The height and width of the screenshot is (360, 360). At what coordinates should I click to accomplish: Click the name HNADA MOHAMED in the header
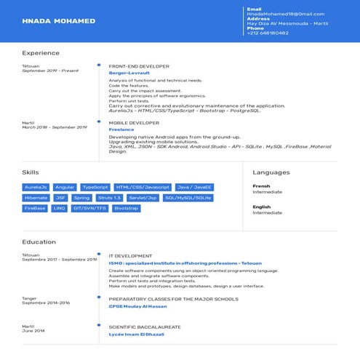pos(59,21)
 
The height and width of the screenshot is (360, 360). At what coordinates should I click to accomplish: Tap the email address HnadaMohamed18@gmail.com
pos(285,14)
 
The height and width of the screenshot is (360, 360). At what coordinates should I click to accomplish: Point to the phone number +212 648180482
pos(268,33)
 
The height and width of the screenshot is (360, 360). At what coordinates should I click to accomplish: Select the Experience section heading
pos(41,53)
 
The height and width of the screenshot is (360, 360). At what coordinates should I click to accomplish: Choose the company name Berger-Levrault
pos(129,73)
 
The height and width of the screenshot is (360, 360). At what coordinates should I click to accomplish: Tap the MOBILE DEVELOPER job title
pos(134,123)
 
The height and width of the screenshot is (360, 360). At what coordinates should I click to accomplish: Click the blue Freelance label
pos(121,129)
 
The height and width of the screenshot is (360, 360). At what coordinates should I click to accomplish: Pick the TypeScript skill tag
pos(95,187)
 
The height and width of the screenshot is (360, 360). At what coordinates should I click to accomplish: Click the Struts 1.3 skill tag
pos(110,198)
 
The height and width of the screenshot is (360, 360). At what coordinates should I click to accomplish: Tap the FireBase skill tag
pos(35,208)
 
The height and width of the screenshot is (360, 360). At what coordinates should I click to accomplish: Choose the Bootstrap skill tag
pos(127,208)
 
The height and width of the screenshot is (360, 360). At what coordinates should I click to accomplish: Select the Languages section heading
pos(271,172)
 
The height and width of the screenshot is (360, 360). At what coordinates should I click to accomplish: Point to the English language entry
pos(262,207)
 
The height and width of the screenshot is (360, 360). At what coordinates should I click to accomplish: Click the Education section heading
pos(39,242)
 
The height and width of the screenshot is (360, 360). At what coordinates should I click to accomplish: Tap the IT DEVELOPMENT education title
pos(130,256)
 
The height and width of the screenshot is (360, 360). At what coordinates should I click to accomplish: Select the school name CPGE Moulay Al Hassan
pos(137,305)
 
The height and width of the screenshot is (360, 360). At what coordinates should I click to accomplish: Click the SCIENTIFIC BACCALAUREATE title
pos(143,327)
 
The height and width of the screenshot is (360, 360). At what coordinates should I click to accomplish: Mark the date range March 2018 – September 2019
pos(55,127)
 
